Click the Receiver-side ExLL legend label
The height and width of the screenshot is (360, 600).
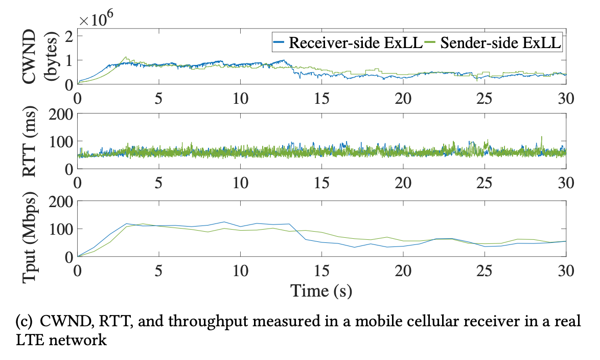click(355, 43)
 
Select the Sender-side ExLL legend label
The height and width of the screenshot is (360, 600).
click(499, 43)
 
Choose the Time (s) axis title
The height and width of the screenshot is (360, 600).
click(321, 291)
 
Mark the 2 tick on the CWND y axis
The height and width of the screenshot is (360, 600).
click(66, 35)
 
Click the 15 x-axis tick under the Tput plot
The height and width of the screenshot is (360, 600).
click(321, 269)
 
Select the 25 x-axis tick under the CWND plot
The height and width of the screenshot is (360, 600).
click(484, 97)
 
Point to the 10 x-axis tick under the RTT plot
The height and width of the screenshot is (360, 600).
click(240, 183)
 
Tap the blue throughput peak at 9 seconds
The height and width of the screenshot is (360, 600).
click(224, 222)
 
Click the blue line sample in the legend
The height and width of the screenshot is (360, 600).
click(279, 43)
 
